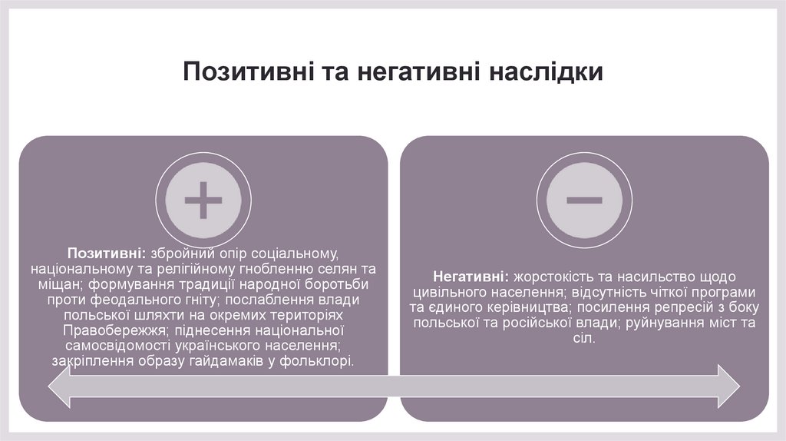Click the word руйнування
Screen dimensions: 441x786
tap(665, 323)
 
